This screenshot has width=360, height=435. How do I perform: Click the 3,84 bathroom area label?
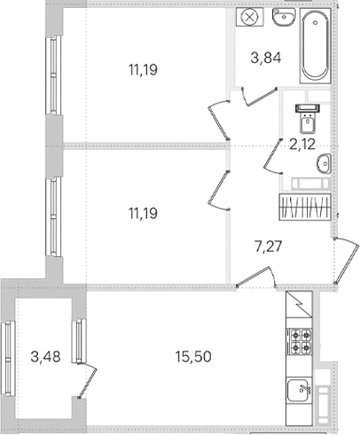(266, 58)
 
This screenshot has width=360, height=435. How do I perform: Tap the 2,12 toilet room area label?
(302, 144)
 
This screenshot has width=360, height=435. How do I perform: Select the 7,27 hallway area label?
(269, 246)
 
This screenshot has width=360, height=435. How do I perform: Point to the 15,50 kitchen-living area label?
(193, 357)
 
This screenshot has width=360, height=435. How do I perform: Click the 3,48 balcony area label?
(45, 357)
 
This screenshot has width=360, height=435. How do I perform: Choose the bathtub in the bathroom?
(315, 46)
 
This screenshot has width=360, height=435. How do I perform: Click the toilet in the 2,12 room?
(308, 119)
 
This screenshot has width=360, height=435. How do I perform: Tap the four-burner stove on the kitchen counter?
(299, 340)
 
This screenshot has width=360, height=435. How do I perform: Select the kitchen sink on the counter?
(299, 390)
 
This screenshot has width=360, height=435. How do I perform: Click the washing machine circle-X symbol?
(250, 17)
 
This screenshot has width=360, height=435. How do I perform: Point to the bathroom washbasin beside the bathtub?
(284, 17)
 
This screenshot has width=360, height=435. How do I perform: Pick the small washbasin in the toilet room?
(324, 163)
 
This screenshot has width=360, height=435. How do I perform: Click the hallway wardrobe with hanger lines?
(305, 206)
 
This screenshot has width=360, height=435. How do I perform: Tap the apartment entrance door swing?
(346, 260)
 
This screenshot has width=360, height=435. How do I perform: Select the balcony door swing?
(88, 381)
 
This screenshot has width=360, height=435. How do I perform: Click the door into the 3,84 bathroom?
(260, 97)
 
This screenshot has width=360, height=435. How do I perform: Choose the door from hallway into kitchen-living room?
(256, 276)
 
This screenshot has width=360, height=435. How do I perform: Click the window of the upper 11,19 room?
(53, 75)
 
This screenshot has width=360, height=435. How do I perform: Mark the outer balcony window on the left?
(8, 358)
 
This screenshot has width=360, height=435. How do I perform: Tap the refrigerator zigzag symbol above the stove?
(299, 305)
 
